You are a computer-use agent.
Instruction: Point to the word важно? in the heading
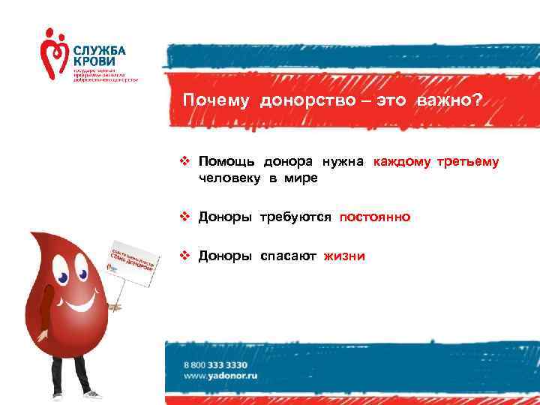click(x=448, y=102)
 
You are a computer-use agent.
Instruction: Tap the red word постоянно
click(x=374, y=217)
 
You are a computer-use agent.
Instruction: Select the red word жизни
click(x=344, y=256)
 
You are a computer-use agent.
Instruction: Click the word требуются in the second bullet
click(x=296, y=217)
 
